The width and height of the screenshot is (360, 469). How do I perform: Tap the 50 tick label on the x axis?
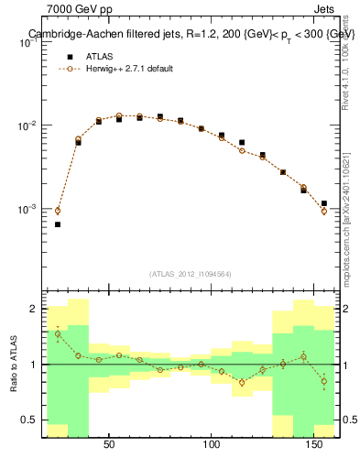click(109, 446)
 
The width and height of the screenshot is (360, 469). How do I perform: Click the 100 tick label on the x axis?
click(213, 446)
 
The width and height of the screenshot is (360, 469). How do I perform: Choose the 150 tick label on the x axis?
click(316, 446)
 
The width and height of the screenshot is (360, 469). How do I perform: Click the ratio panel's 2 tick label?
click(33, 310)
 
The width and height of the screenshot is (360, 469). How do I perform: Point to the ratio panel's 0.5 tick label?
click(29, 420)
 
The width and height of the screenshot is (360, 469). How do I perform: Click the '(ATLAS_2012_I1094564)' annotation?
click(191, 273)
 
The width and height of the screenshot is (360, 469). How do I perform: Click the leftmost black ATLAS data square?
click(58, 224)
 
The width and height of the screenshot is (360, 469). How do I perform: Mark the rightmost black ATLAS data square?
click(324, 203)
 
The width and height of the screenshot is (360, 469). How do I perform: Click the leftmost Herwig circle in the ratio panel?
click(58, 333)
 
